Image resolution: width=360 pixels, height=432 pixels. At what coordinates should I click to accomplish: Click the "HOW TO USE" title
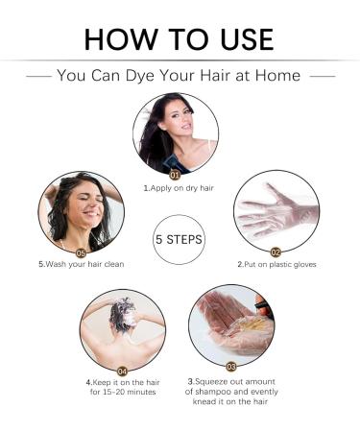tap(179, 39)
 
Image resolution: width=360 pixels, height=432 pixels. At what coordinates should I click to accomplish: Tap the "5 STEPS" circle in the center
tap(179, 240)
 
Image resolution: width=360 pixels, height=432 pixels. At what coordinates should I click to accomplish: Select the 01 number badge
tap(175, 175)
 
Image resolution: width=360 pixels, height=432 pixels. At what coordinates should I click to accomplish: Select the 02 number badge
tap(276, 252)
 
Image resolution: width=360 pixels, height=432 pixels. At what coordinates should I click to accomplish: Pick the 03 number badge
tap(231, 367)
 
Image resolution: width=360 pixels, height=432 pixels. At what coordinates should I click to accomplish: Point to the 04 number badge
tap(123, 372)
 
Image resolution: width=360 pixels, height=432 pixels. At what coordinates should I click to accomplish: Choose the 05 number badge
tap(81, 253)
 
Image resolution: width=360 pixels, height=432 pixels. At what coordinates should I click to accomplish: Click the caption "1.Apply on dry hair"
tap(179, 188)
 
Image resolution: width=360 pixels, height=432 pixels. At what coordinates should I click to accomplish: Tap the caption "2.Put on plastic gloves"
tap(276, 265)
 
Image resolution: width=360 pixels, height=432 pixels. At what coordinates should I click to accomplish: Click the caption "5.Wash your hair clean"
tap(82, 264)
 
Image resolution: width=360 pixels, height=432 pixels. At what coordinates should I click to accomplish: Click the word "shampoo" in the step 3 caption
tap(215, 392)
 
